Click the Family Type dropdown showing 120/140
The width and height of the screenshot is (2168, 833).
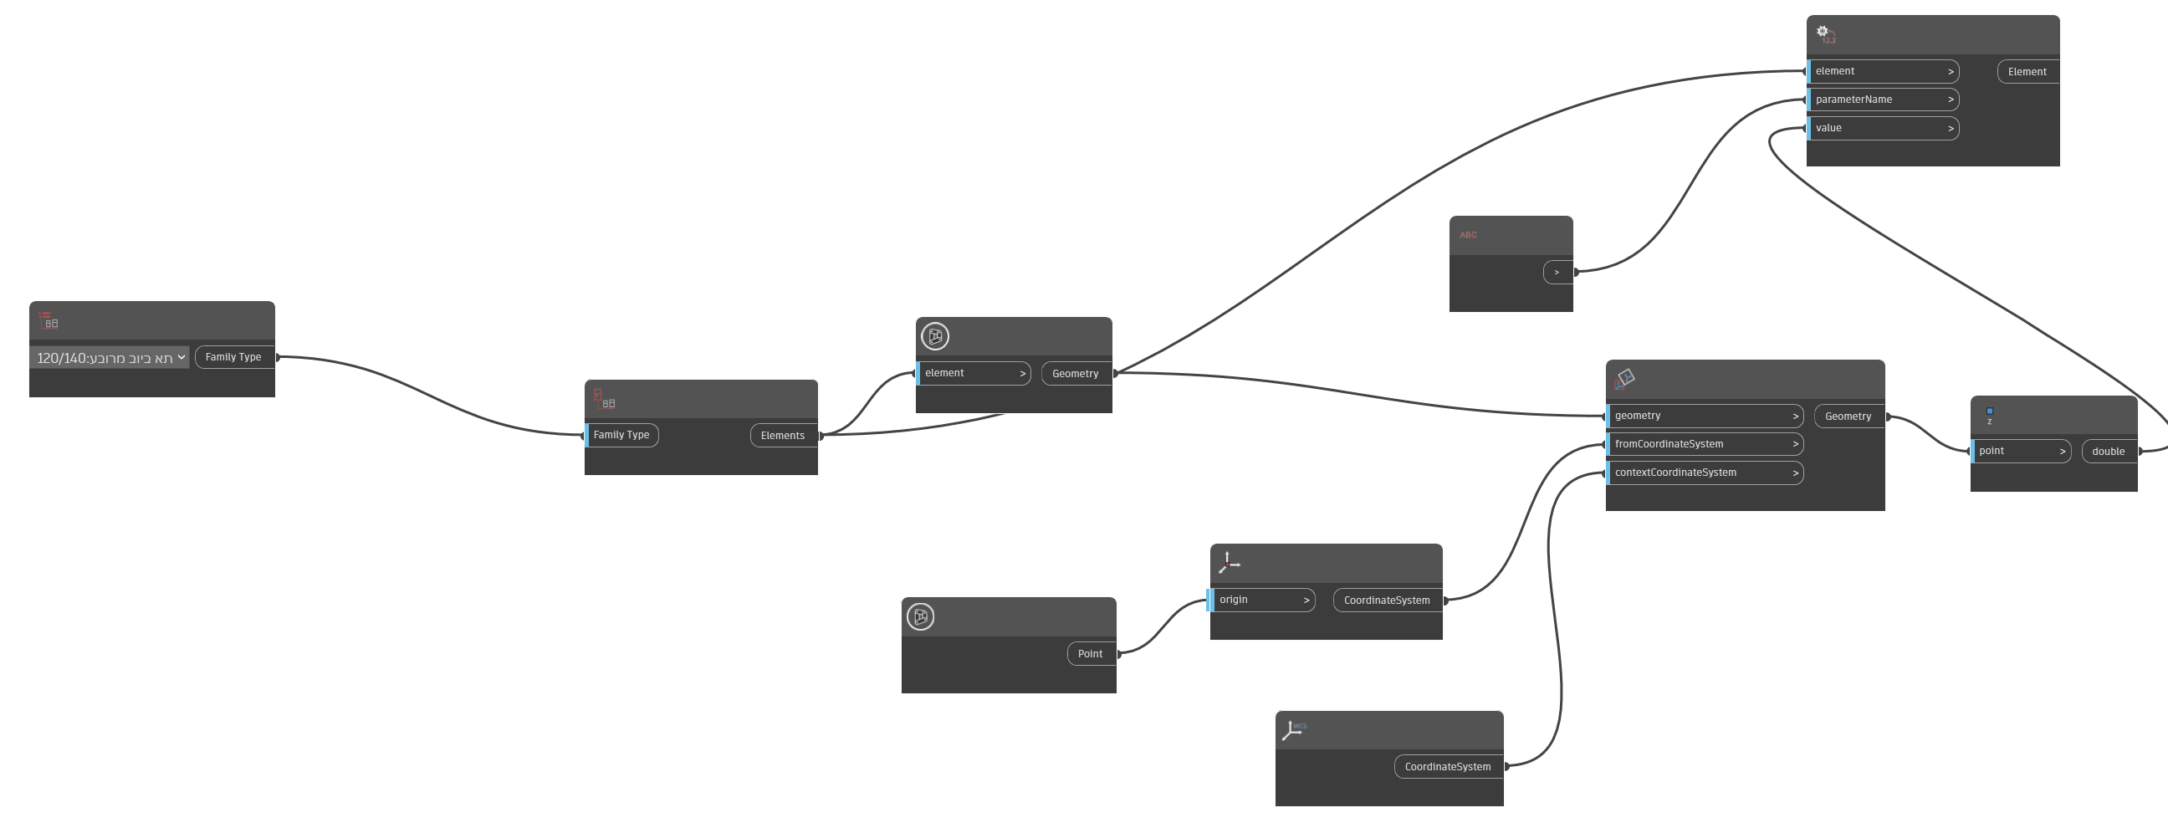(x=110, y=359)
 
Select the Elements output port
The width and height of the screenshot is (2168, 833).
(x=783, y=435)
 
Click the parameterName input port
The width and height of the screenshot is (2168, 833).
(x=1882, y=100)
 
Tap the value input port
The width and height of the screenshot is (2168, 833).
(x=1882, y=128)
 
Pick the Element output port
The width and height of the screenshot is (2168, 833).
(x=2027, y=72)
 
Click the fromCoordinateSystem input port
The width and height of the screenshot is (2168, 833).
(x=1705, y=444)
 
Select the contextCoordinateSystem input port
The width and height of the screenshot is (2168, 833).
(x=1705, y=473)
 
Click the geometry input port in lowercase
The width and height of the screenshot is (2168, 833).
(x=1705, y=416)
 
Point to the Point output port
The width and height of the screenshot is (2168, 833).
(x=1090, y=654)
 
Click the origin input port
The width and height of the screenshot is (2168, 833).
(x=1260, y=600)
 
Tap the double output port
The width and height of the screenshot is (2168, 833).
(x=2109, y=451)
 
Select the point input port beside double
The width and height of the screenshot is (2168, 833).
(x=2020, y=451)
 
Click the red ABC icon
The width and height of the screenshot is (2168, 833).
(x=1468, y=236)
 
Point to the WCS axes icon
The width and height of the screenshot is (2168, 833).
(x=1294, y=729)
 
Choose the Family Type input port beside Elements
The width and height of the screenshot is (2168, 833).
(x=621, y=435)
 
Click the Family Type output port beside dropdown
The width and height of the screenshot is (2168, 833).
(x=233, y=357)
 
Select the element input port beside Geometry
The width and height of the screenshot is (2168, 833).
(x=973, y=374)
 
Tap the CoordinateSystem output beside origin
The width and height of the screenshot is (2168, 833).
(x=1386, y=600)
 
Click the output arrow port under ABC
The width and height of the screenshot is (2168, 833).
(x=1557, y=273)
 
